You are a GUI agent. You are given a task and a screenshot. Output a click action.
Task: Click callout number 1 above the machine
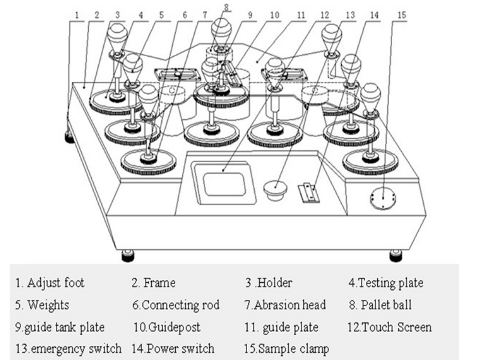pos(77,14)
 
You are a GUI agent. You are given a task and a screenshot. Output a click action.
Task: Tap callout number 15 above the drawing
pos(401,14)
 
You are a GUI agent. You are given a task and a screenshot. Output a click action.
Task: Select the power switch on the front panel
pos(308,192)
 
